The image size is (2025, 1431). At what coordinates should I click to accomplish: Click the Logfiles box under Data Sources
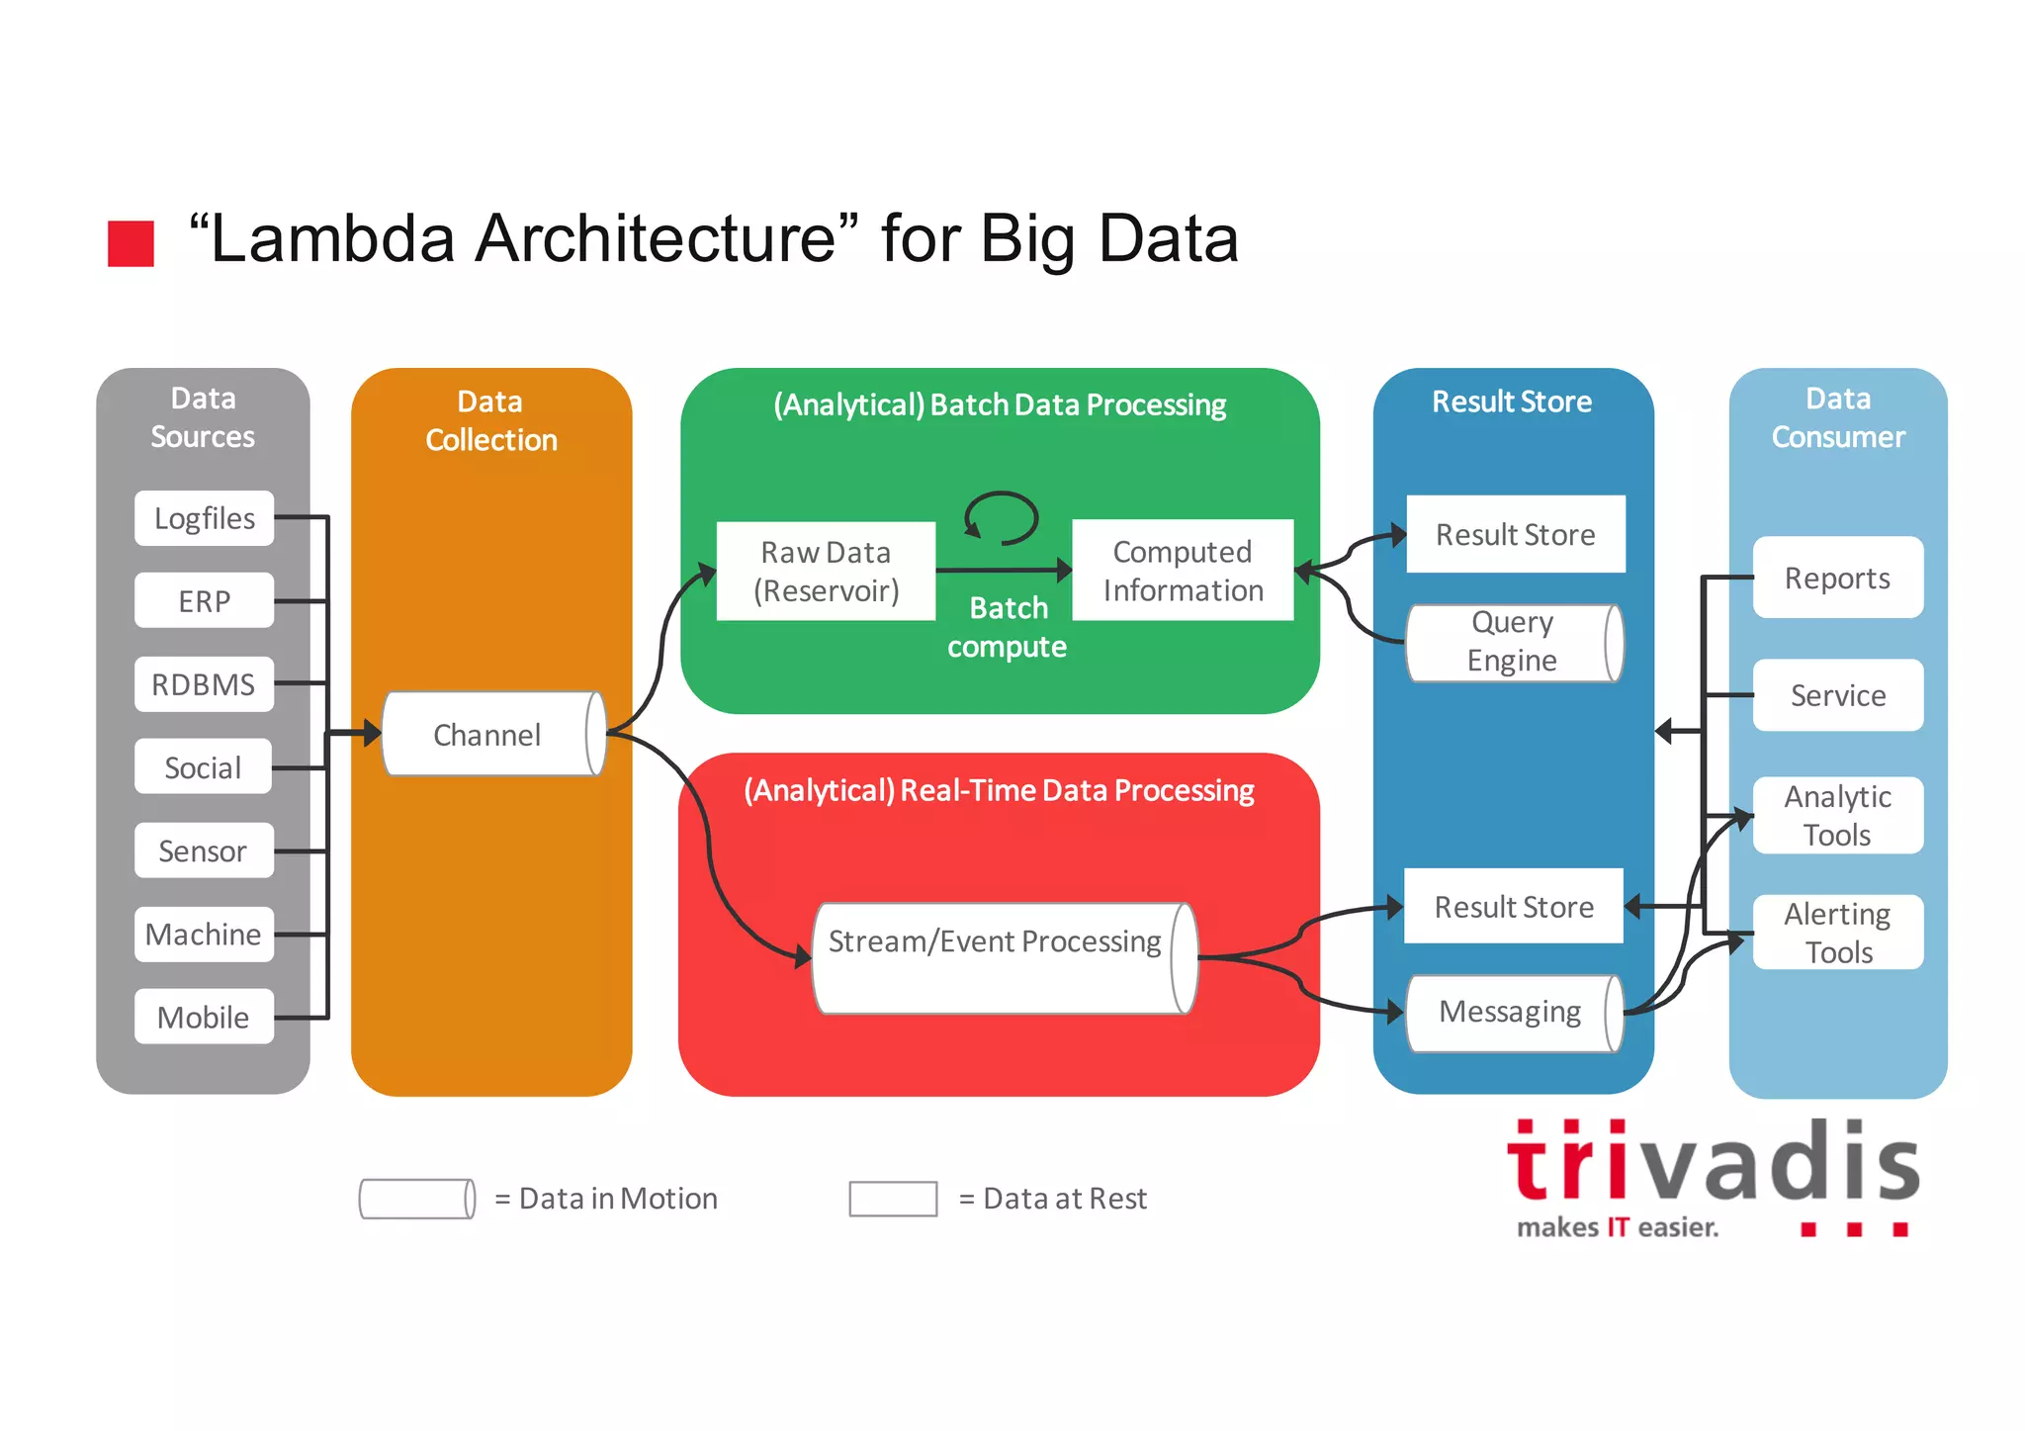coord(204,518)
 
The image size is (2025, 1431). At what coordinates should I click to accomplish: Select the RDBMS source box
coord(204,684)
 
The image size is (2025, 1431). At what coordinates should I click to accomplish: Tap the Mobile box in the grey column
coord(204,1017)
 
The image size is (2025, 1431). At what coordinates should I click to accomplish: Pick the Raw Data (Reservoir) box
coord(826,571)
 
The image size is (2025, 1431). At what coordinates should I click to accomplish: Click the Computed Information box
coord(1183,571)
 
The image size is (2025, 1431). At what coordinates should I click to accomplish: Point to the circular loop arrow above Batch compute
coord(1001,518)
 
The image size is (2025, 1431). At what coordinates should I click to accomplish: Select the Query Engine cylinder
coord(1513,643)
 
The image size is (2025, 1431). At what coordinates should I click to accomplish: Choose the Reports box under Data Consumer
coord(1837,578)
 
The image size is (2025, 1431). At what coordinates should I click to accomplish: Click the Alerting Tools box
coord(1837,932)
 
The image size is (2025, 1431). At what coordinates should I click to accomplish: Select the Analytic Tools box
coord(1837,815)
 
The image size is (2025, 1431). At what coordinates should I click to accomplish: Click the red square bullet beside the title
coord(131,243)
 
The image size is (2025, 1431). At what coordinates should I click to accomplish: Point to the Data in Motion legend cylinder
coord(416,1199)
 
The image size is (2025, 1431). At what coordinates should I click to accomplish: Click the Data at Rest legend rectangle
coord(893,1199)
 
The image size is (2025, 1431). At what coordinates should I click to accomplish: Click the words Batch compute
coord(1007,627)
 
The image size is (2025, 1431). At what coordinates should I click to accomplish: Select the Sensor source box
coord(204,850)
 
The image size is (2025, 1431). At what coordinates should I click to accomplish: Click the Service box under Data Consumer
coord(1837,695)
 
